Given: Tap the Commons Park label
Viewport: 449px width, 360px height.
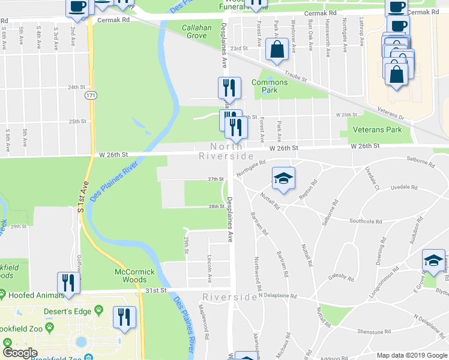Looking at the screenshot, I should pyautogui.click(x=269, y=86).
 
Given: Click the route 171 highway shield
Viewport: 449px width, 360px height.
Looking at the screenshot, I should pyautogui.click(x=91, y=95).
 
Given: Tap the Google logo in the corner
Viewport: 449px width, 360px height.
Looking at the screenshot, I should pyautogui.click(x=20, y=353).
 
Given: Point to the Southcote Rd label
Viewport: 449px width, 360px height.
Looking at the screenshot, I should pyautogui.click(x=366, y=221).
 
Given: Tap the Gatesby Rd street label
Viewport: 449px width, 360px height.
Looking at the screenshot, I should pyautogui.click(x=342, y=277).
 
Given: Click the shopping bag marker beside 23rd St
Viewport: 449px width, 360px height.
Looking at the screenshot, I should pyautogui.click(x=277, y=51).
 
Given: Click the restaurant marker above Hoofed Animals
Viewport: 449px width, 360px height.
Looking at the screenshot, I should pyautogui.click(x=69, y=283).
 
